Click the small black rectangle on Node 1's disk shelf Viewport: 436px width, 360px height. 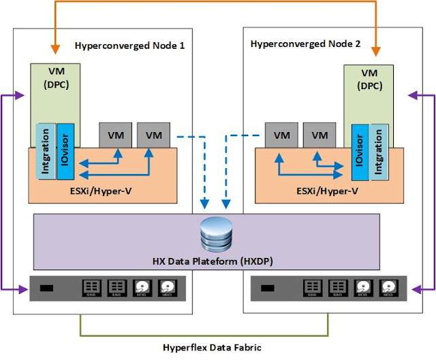point(46,289)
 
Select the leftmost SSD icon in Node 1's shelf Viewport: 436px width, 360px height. point(92,289)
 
